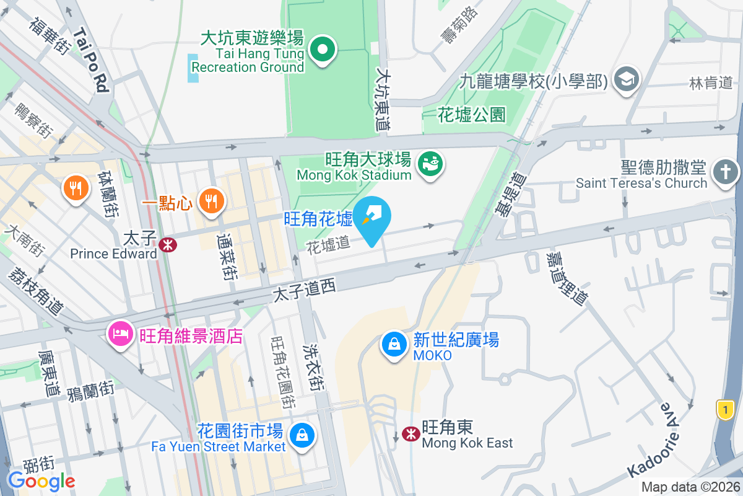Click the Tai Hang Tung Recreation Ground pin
tap(323, 50)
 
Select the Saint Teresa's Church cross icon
tap(726, 170)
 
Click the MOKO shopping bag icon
tap(394, 345)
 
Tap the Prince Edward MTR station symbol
tap(167, 245)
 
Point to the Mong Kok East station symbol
tap(411, 434)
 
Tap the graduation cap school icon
tap(627, 79)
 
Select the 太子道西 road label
tap(304, 290)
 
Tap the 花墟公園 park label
tap(472, 115)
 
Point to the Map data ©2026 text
tap(690, 487)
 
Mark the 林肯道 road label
tap(711, 82)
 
